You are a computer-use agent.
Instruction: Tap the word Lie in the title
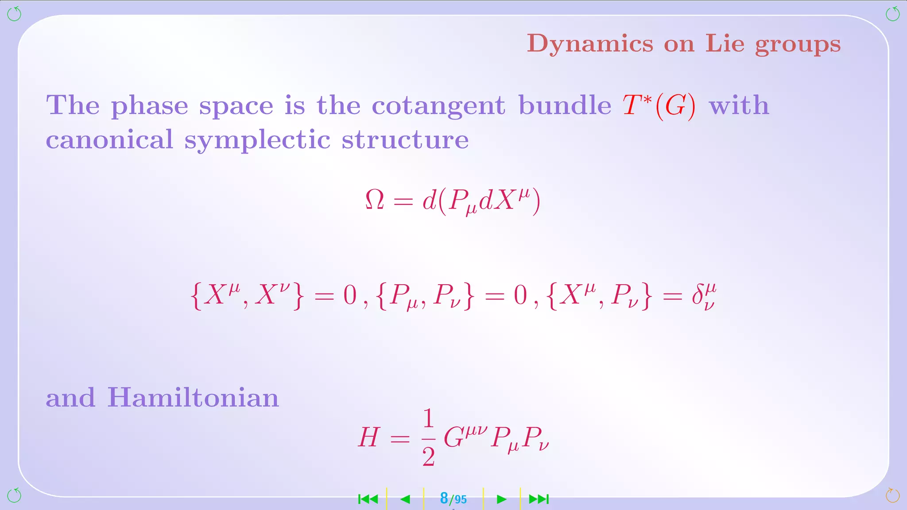coord(725,43)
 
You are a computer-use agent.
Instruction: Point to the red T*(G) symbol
coord(659,106)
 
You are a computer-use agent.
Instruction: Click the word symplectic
coord(257,140)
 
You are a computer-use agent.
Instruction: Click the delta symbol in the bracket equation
coord(703,296)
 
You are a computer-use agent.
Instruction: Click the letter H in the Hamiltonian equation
coord(369,437)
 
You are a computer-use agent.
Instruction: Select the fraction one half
coord(428,437)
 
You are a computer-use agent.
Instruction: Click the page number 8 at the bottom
coord(444,498)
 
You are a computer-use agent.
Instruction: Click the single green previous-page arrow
coord(405,499)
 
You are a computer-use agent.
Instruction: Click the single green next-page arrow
coord(501,499)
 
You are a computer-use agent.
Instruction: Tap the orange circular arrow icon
coord(892,495)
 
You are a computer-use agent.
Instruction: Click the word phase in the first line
coord(149,106)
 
